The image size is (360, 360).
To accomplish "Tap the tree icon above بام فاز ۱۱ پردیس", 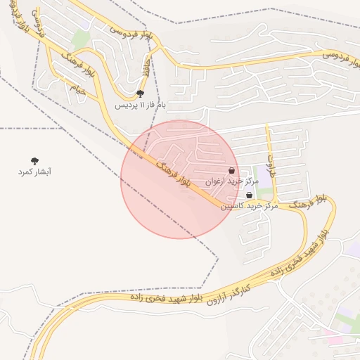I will [x=140, y=93].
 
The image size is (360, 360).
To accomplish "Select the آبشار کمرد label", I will [x=35, y=172].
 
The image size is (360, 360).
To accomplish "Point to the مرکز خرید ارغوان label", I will [x=232, y=181].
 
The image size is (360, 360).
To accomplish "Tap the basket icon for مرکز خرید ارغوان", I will [x=232, y=170].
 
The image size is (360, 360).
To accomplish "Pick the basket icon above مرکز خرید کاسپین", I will [x=250, y=195].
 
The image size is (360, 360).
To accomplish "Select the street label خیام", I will [x=77, y=89].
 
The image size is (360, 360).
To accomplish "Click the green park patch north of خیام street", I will [x=81, y=39].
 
